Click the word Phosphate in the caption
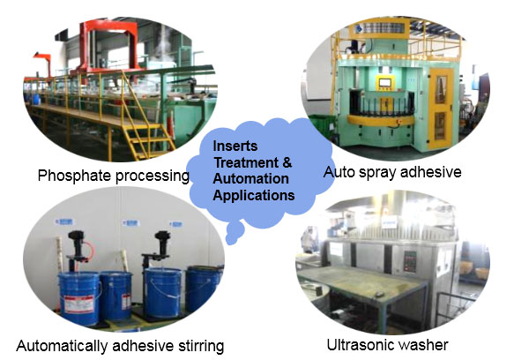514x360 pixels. (x=75, y=176)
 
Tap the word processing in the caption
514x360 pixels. (x=153, y=176)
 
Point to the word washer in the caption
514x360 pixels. (x=422, y=345)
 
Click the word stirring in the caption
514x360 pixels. (x=201, y=347)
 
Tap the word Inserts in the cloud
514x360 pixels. (x=235, y=146)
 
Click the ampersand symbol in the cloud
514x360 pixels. (x=287, y=162)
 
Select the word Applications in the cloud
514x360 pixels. (x=254, y=195)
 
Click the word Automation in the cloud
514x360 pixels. (x=250, y=179)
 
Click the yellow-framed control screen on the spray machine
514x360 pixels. (x=386, y=82)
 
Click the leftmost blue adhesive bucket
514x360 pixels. (x=80, y=298)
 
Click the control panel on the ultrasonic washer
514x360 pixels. (x=410, y=261)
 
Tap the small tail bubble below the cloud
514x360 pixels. (x=235, y=234)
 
